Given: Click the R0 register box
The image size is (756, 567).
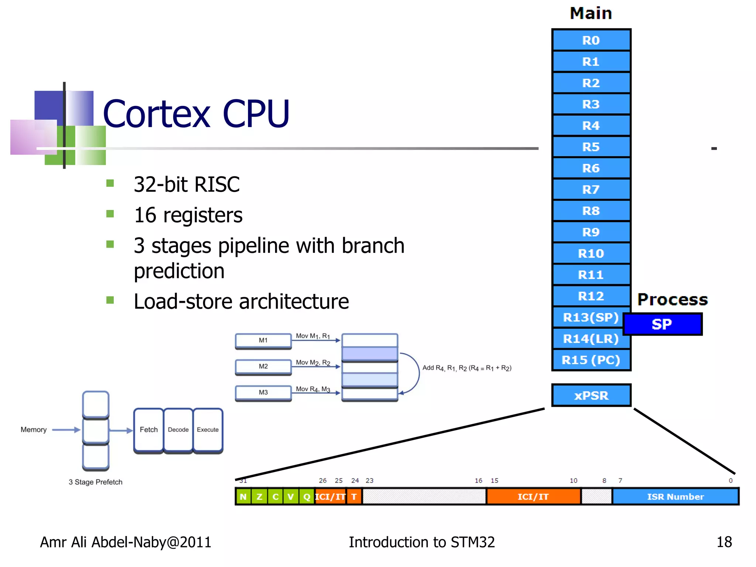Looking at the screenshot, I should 591,40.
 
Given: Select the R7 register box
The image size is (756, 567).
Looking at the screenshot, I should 591,190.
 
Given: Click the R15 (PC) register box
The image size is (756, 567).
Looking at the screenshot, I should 591,360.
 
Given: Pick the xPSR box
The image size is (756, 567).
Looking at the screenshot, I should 591,395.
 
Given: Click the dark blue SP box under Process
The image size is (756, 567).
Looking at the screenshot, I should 663,324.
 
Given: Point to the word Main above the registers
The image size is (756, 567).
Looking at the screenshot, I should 591,13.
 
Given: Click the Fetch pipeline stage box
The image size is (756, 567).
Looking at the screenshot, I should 148,430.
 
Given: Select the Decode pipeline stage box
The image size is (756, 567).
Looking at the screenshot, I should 178,430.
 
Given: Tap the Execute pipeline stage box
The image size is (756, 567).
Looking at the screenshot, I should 208,430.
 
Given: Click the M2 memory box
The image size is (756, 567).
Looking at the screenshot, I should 263,366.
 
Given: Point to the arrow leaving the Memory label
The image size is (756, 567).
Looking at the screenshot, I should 66,430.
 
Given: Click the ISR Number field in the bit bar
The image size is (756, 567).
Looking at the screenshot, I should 675,496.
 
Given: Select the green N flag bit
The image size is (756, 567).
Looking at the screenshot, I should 243,496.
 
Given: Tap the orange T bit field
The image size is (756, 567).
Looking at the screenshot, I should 354,496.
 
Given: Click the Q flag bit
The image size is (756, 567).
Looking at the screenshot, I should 307,496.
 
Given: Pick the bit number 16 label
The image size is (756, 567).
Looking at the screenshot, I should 478,481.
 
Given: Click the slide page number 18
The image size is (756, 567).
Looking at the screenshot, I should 724,542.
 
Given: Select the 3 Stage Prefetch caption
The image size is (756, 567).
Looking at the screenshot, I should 95,482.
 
